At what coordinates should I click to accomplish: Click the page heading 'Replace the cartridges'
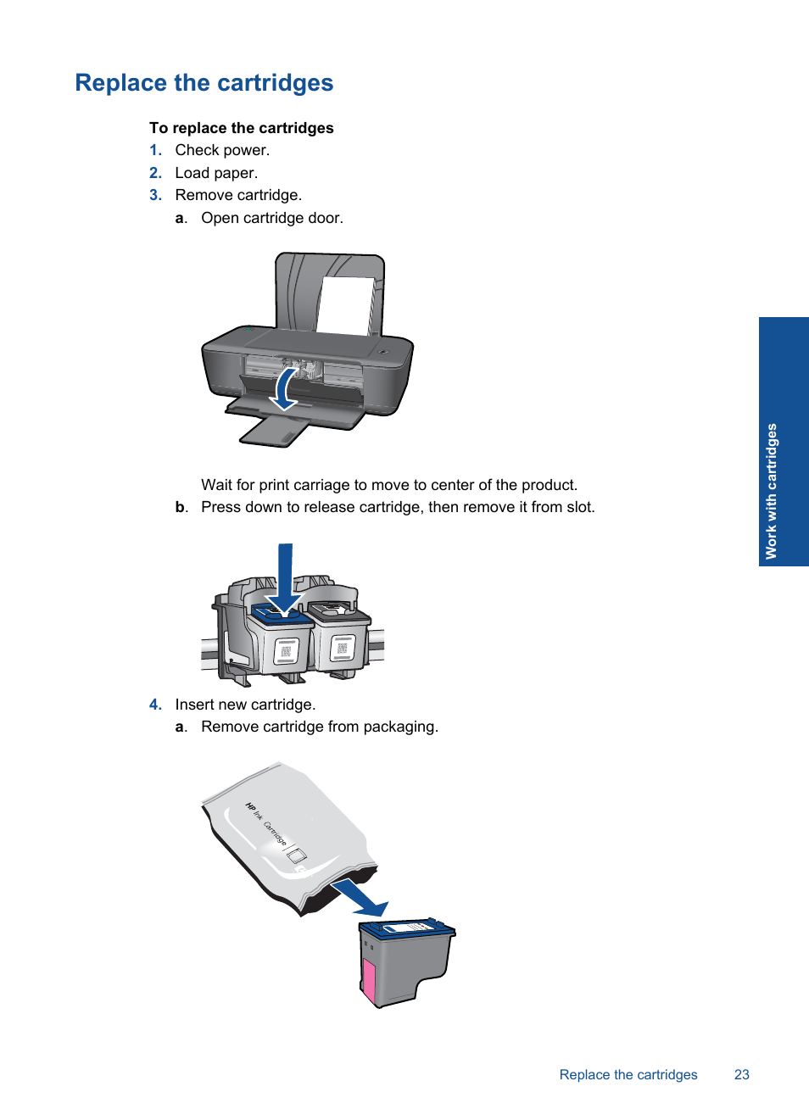[204, 83]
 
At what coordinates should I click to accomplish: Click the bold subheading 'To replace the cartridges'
[242, 128]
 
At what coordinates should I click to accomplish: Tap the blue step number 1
[155, 150]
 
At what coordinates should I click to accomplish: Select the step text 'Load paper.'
[216, 173]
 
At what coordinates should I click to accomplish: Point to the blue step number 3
[155, 195]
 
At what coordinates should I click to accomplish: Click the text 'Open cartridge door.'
[272, 218]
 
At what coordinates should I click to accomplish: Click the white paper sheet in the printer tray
[346, 305]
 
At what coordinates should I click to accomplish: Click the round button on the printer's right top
[383, 352]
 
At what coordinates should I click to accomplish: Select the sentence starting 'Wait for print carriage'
[389, 485]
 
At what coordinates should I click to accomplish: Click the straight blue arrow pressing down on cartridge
[285, 579]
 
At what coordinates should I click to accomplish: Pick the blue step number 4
[155, 705]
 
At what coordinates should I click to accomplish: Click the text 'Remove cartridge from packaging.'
[320, 727]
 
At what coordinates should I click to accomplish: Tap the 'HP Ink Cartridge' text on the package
[265, 823]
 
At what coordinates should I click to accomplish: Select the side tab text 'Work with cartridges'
[772, 491]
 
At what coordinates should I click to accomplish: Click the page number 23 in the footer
[741, 1074]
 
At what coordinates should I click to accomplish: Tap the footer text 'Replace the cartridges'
[628, 1074]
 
